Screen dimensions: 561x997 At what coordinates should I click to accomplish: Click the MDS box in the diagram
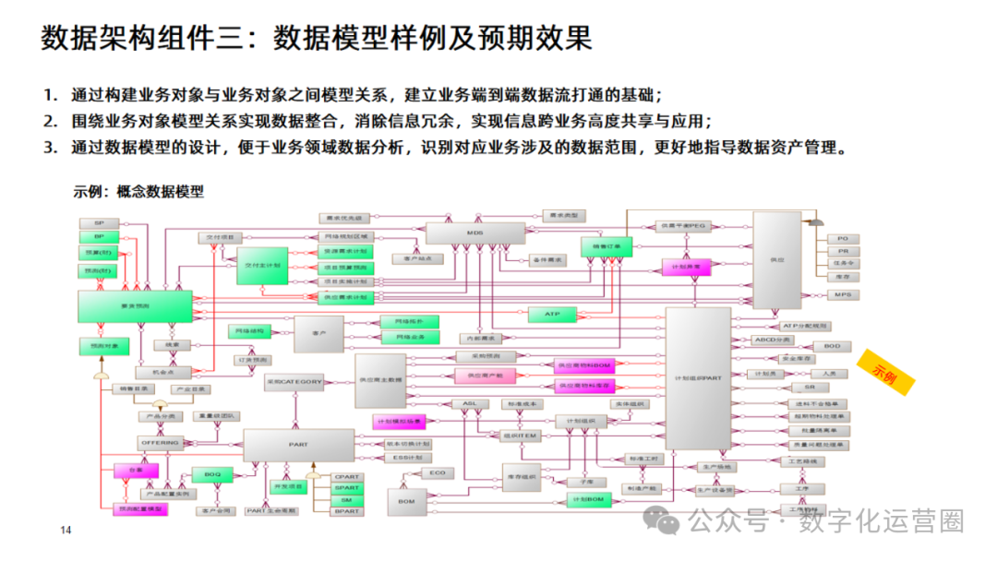pyautogui.click(x=474, y=233)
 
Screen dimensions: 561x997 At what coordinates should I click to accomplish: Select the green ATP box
pyautogui.click(x=552, y=315)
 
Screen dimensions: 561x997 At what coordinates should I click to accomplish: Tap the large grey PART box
pyautogui.click(x=298, y=445)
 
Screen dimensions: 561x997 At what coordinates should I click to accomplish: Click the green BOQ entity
pyautogui.click(x=212, y=474)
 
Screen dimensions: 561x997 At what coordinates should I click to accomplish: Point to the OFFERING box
pyautogui.click(x=159, y=444)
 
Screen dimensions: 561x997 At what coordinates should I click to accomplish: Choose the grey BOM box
pyautogui.click(x=404, y=501)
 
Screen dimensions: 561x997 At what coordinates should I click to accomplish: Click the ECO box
pyautogui.click(x=438, y=472)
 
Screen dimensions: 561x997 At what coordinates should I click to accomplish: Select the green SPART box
pyautogui.click(x=347, y=488)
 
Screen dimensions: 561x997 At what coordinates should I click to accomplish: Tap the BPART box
pyautogui.click(x=347, y=510)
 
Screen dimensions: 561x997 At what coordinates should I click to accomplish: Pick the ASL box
pyautogui.click(x=469, y=403)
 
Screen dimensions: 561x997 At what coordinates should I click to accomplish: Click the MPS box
pyautogui.click(x=842, y=294)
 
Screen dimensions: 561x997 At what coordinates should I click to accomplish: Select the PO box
pyautogui.click(x=842, y=239)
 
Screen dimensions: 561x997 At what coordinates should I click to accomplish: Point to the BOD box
pyautogui.click(x=831, y=346)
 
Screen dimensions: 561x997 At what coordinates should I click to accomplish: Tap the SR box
pyautogui.click(x=823, y=388)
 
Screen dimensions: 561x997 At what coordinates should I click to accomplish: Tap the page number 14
pyautogui.click(x=66, y=530)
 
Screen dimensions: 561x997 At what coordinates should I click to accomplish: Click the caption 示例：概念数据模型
pyautogui.click(x=138, y=192)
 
